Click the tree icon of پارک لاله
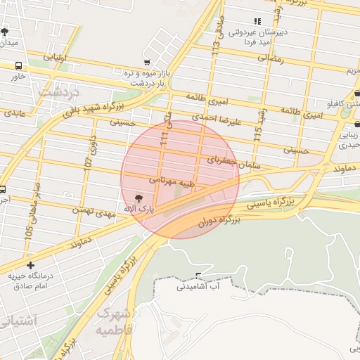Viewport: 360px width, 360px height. pyautogui.click(x=138, y=198)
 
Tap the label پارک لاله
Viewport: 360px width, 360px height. pyautogui.click(x=138, y=210)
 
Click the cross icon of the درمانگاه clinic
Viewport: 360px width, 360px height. pyautogui.click(x=30, y=265)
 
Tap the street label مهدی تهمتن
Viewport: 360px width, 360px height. pyautogui.click(x=91, y=212)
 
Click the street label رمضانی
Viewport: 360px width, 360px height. pyautogui.click(x=266, y=59)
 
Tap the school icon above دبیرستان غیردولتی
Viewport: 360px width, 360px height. pyautogui.click(x=257, y=22)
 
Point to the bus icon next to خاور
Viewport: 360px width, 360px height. pyautogui.click(x=18, y=65)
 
